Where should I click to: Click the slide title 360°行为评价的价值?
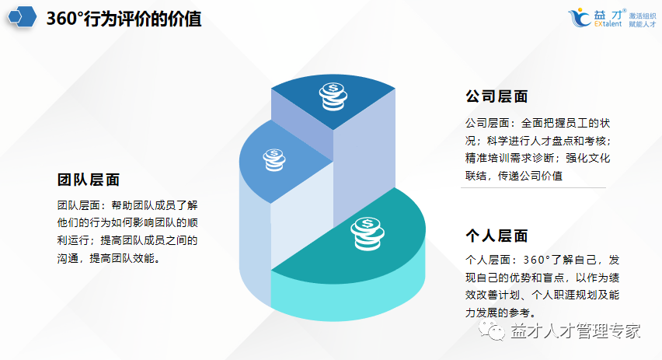point(124,19)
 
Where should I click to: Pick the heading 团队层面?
point(89,180)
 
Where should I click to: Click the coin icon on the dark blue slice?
point(333,96)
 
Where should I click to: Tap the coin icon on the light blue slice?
point(273,159)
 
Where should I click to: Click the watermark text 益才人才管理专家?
point(575,330)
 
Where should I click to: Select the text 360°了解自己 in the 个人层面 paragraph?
point(554,259)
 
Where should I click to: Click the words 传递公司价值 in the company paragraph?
point(535,176)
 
